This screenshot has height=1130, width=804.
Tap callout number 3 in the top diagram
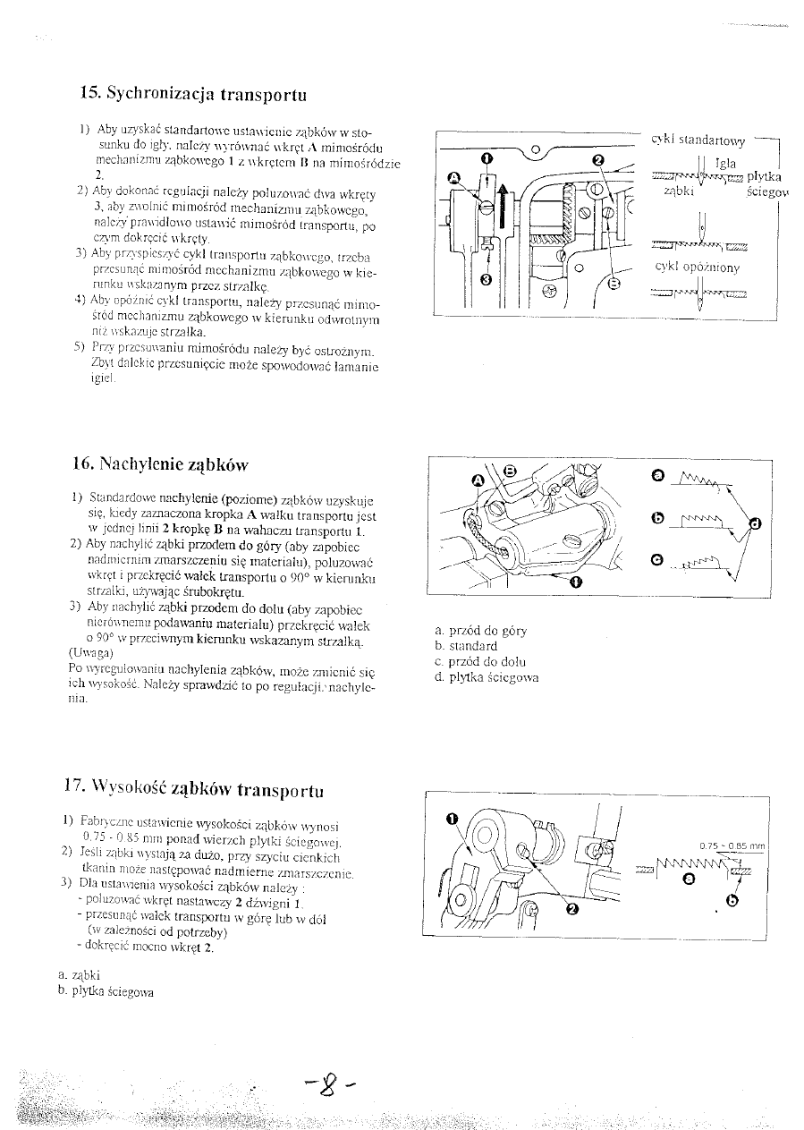(x=486, y=279)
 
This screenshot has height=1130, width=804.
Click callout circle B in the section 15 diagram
(x=613, y=285)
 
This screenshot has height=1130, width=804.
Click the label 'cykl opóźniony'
(x=698, y=267)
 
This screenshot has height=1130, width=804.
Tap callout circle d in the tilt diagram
(x=755, y=523)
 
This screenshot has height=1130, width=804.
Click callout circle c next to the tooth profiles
(x=657, y=561)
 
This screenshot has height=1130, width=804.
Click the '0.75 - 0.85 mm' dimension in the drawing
(x=732, y=845)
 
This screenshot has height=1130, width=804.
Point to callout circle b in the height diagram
(x=732, y=900)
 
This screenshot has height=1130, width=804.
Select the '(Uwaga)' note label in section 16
(x=89, y=652)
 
